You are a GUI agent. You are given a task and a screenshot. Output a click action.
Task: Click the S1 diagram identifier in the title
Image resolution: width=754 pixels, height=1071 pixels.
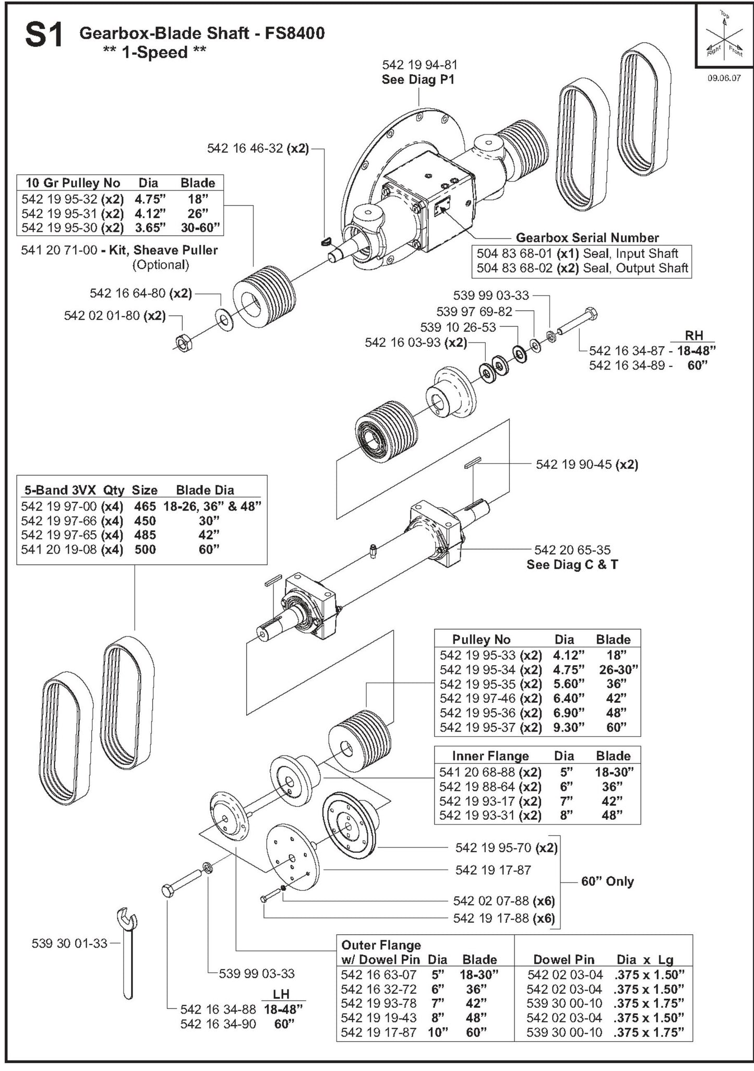coord(44,36)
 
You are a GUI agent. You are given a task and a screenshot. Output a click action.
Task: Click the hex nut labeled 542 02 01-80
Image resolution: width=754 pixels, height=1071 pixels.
coord(184,343)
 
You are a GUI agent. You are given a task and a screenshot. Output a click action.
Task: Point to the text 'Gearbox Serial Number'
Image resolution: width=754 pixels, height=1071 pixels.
coord(587,238)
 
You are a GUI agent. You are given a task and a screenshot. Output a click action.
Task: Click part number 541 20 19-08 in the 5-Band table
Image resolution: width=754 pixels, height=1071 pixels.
coord(58,549)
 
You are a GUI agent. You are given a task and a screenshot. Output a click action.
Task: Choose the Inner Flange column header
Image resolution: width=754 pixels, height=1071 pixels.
coord(490,756)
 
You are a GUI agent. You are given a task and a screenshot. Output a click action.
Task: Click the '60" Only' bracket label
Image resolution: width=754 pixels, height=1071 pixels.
coord(607,881)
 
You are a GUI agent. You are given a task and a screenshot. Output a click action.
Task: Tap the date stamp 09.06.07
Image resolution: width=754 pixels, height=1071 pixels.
coord(723,79)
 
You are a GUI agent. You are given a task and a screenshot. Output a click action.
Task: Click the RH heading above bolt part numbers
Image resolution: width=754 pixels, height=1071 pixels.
coord(693,335)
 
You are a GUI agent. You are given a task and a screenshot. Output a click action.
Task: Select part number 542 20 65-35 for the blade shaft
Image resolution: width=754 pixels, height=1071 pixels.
coord(572,549)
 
